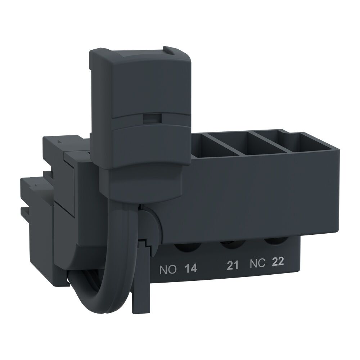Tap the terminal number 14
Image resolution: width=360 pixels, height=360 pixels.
tap(191, 268)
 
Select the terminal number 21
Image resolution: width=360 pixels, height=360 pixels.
tap(233, 266)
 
